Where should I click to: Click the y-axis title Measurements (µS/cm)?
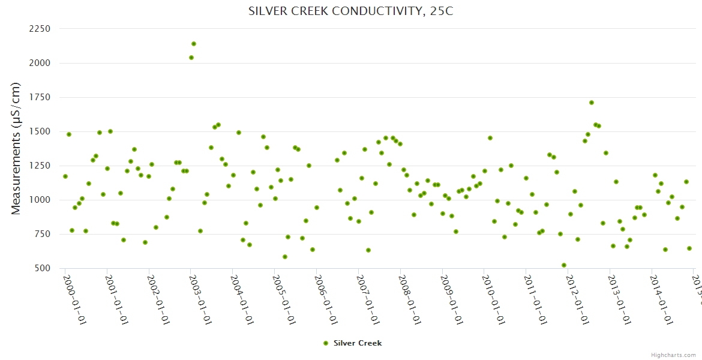pos(16,148)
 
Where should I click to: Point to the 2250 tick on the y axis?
pos(39,29)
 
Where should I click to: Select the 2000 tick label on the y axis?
pos(39,63)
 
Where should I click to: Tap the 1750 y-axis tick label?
pos(40,97)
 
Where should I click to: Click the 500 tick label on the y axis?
pos(42,268)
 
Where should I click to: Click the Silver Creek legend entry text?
pos(358,343)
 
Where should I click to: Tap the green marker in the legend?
pos(326,343)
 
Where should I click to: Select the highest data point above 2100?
pos(194,44)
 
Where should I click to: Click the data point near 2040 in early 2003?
pos(191,58)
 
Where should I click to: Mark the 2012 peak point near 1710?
pos(592,103)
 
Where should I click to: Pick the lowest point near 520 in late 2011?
pos(564,265)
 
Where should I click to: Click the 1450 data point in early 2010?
pos(490,138)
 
